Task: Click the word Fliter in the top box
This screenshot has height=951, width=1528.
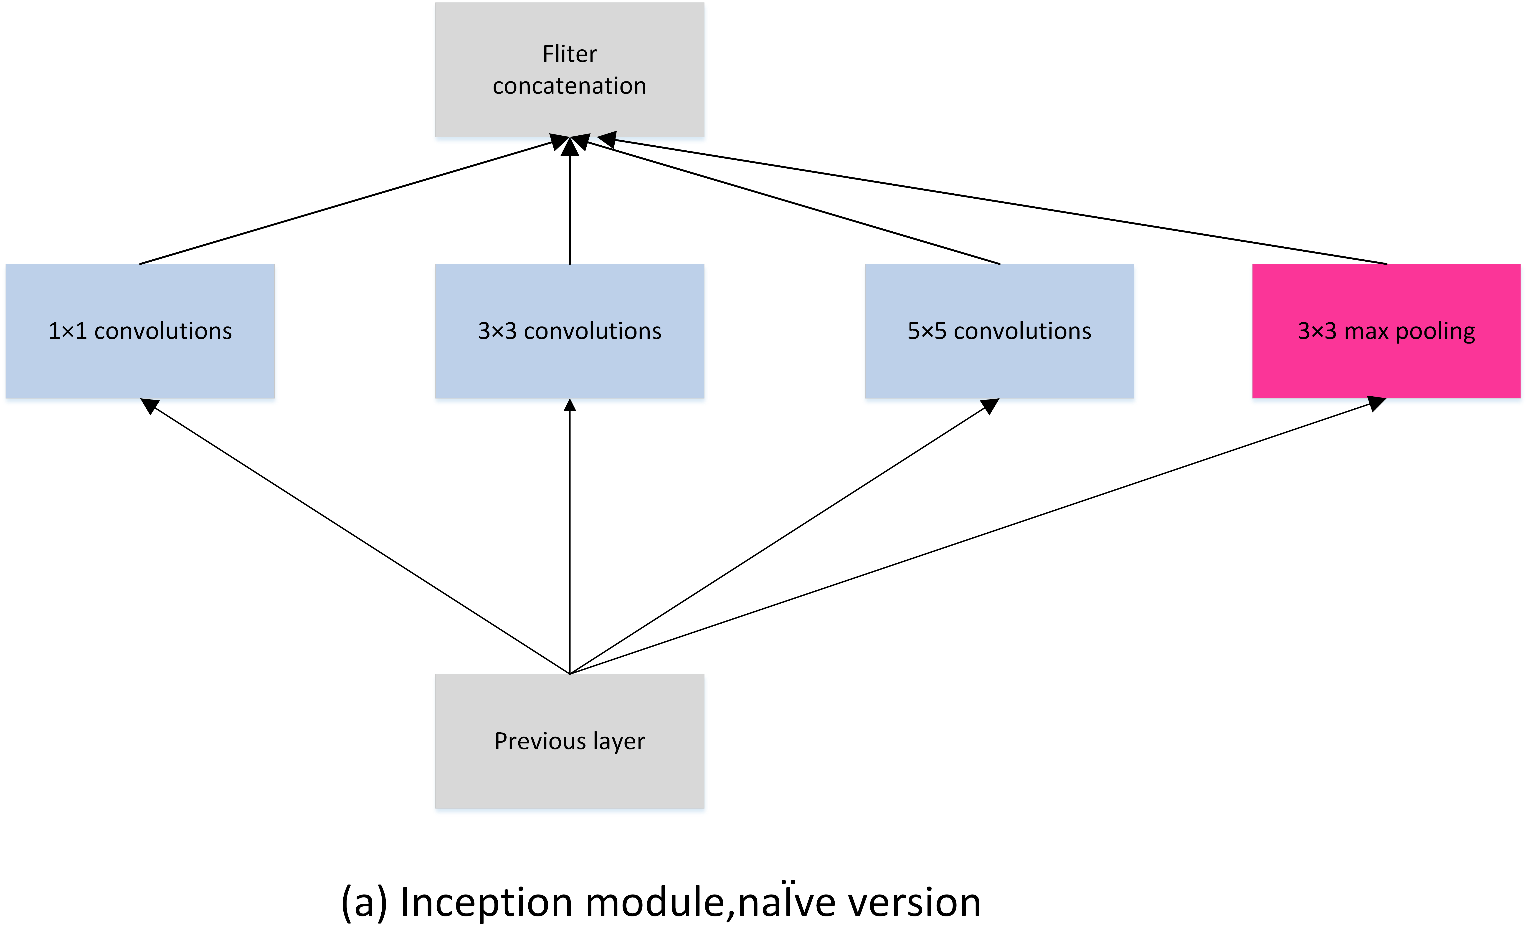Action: pyautogui.click(x=569, y=54)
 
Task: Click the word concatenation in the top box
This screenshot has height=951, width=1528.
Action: pyautogui.click(x=569, y=86)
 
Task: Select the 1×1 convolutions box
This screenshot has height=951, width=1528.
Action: pyautogui.click(x=140, y=331)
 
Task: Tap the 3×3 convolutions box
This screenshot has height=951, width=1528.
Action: pyautogui.click(x=569, y=331)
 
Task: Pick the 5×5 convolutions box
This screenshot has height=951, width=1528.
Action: pyautogui.click(x=999, y=331)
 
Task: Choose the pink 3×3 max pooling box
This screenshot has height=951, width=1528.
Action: pyautogui.click(x=1386, y=331)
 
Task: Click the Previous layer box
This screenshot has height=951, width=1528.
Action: pyautogui.click(x=569, y=741)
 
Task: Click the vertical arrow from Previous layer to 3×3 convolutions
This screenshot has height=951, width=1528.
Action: pyautogui.click(x=570, y=535)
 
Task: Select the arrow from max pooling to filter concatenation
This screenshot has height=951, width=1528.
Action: pyautogui.click(x=994, y=201)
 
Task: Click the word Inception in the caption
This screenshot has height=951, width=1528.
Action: pyautogui.click(x=486, y=903)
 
